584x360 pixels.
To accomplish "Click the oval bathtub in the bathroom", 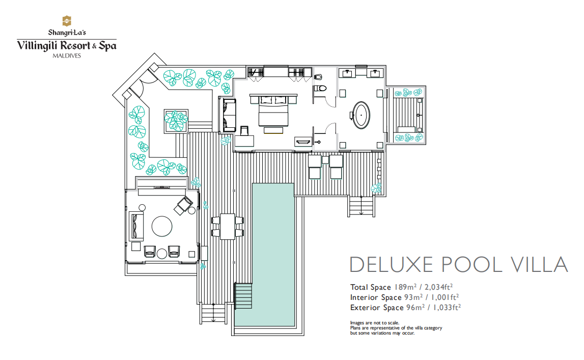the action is pos(361,115).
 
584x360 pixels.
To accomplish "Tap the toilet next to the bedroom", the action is pos(320,89).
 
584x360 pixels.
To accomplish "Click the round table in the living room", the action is pos(162,227).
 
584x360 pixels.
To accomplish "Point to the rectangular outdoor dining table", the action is pos(228,227).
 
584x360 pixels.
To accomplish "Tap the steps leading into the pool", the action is pos(243,296).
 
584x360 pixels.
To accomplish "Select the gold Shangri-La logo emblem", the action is pos(67,21).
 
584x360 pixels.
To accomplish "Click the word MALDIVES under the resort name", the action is pos(67,56).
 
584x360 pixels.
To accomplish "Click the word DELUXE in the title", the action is pos(392,265).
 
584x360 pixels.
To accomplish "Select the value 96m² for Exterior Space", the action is pos(415,308).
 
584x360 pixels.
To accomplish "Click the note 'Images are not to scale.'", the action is pos(374,323).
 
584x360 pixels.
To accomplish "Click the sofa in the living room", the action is pos(136,226).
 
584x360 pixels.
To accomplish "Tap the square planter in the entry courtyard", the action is pos(176,121).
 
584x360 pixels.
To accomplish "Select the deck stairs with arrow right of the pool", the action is pos(361,206).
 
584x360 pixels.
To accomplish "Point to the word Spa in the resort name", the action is pos(107,46).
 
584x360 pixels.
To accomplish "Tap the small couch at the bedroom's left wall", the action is pos(230,115).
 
